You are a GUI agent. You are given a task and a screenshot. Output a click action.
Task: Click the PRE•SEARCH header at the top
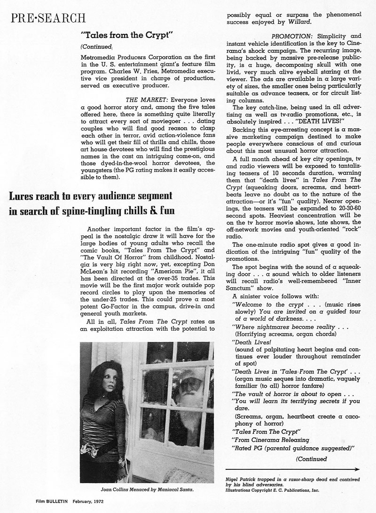click(48, 18)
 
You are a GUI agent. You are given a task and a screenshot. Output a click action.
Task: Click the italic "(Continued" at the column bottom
click(312, 459)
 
